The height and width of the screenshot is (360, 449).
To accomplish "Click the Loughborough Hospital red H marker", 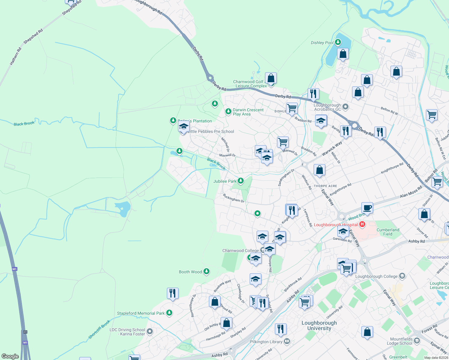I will (x=362, y=224).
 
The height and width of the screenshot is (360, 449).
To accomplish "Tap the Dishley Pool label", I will (x=322, y=43).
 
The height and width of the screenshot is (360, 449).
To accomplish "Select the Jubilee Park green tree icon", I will (x=240, y=181).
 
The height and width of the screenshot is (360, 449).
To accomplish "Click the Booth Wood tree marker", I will (x=206, y=271).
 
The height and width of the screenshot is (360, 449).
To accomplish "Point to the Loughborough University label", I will (x=319, y=325).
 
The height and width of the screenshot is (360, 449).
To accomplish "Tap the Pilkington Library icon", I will (x=287, y=341).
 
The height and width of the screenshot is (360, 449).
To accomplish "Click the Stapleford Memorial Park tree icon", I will (x=169, y=313).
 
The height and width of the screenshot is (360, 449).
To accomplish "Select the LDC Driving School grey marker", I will (x=150, y=331).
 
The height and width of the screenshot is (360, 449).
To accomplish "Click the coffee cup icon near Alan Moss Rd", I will (x=367, y=208).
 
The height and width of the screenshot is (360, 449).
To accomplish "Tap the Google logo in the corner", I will (x=10, y=356).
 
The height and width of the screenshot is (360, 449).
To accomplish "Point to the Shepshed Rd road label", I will (x=33, y=37).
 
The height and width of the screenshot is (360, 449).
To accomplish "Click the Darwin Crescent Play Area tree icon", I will (x=228, y=112).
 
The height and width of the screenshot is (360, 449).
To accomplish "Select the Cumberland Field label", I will (x=388, y=232).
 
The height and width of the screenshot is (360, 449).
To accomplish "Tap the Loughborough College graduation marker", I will (x=402, y=276).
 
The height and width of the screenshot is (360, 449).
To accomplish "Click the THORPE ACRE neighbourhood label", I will (x=325, y=186).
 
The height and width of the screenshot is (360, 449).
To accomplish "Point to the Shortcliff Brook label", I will (x=99, y=330).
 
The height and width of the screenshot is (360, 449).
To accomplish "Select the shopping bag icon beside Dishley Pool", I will (x=342, y=54).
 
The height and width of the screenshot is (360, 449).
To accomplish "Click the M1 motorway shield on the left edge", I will (x=15, y=269).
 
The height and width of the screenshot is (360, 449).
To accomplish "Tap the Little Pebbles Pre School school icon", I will (x=183, y=127).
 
